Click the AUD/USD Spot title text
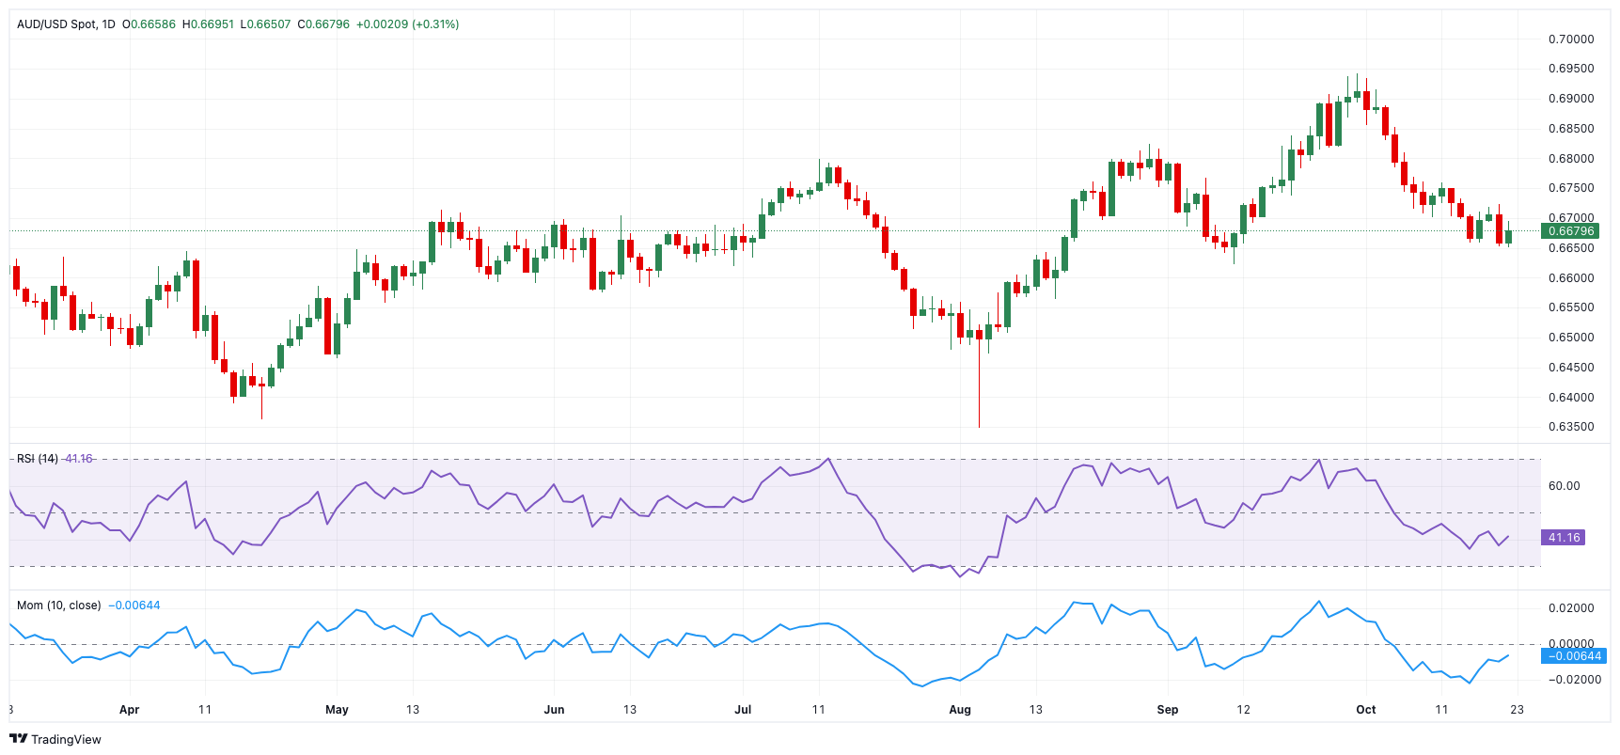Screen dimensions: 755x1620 pyautogui.click(x=56, y=24)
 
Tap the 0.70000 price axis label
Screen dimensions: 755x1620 pyautogui.click(x=1571, y=39)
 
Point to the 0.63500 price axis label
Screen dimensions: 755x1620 pyautogui.click(x=1571, y=427)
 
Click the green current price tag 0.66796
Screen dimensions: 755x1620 pyautogui.click(x=1570, y=231)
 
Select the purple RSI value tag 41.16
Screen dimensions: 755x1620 pyautogui.click(x=1564, y=538)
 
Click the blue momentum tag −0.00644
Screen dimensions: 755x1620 pyautogui.click(x=1574, y=656)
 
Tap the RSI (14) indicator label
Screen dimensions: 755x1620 pyautogui.click(x=38, y=459)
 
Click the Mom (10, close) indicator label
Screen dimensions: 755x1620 pyautogui.click(x=58, y=606)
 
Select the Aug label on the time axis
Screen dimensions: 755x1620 pyautogui.click(x=960, y=710)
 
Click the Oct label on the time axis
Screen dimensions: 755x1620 pyautogui.click(x=1365, y=710)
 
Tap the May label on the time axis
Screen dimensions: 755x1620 pyautogui.click(x=337, y=710)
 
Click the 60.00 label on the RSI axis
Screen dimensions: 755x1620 pyautogui.click(x=1564, y=486)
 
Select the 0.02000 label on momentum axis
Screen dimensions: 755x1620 pyautogui.click(x=1571, y=608)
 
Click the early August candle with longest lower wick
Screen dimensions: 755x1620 pyautogui.click(x=979, y=376)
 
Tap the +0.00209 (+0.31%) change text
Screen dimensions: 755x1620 pyautogui.click(x=407, y=24)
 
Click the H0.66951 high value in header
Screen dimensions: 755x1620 pyautogui.click(x=207, y=24)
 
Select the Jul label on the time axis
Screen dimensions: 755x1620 pyautogui.click(x=743, y=710)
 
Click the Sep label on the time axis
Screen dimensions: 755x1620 pyautogui.click(x=1167, y=710)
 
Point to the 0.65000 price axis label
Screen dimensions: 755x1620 pyautogui.click(x=1571, y=338)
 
